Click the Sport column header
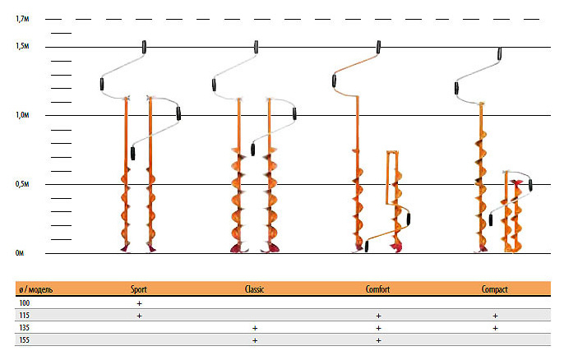tap(139, 290)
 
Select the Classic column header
tap(255, 290)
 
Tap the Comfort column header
tap(378, 290)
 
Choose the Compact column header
tap(495, 290)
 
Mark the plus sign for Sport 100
tap(139, 303)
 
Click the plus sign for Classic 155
tap(255, 339)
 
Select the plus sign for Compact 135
tap(495, 327)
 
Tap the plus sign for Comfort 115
tap(378, 316)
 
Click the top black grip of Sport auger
tap(145, 47)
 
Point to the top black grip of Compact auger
tap(501, 55)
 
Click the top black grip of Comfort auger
tap(378, 47)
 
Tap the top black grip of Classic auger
tap(257, 47)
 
